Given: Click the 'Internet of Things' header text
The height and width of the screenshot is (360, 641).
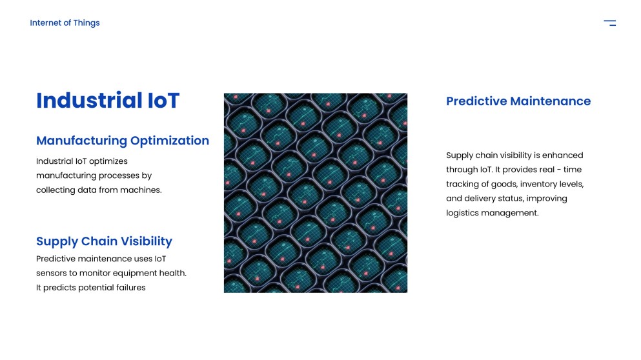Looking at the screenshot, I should click(65, 23).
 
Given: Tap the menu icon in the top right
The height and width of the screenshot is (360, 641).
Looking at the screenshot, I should click(609, 23).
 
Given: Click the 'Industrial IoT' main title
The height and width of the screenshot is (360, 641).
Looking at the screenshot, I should click(108, 101).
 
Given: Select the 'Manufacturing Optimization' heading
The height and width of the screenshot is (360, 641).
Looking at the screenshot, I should click(123, 141).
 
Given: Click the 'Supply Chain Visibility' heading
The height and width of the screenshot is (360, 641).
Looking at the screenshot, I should click(104, 241).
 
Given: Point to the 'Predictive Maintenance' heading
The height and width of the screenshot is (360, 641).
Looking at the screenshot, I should click(518, 101).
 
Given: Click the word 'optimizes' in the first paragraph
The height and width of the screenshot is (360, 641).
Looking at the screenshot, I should click(108, 161).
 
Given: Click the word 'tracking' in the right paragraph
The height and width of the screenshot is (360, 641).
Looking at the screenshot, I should click(463, 185).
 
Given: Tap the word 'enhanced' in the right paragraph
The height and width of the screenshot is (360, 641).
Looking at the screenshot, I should click(562, 155).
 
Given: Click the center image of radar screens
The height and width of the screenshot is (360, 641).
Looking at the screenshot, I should click(315, 193).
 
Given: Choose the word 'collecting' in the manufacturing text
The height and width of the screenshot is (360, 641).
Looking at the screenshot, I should click(56, 190).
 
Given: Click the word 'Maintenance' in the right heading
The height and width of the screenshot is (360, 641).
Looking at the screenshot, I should click(550, 101).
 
